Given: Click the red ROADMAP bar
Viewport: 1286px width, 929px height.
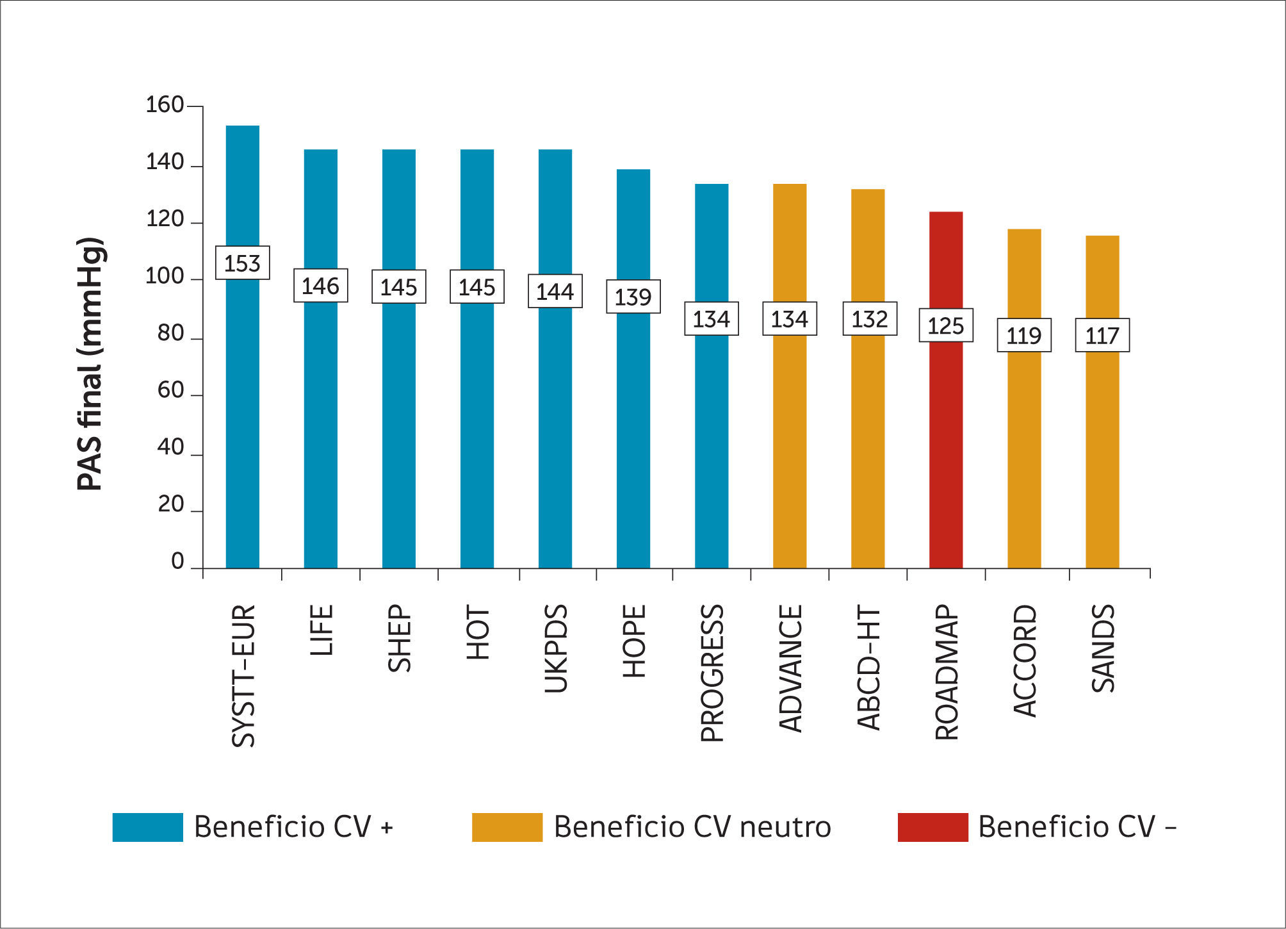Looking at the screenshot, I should [x=946, y=448].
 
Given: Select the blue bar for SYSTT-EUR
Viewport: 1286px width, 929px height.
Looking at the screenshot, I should [x=243, y=416].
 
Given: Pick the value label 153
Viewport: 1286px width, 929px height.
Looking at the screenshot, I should [x=243, y=263].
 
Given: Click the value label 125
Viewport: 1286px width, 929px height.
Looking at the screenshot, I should [x=946, y=325].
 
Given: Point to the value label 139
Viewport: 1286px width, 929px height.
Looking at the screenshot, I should [x=633, y=297].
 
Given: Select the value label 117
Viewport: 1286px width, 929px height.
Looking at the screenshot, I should [x=1102, y=335].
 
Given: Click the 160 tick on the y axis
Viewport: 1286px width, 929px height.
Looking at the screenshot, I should [x=165, y=105].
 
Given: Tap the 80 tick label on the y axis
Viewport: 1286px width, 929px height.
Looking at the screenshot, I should [x=170, y=333].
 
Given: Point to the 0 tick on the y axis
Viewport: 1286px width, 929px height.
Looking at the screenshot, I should [x=177, y=561].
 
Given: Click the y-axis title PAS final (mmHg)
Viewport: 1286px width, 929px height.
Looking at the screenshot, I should [x=90, y=364].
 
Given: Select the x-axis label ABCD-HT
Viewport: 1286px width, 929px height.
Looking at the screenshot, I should [x=868, y=668].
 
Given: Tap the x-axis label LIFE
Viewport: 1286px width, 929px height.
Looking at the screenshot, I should [x=321, y=630].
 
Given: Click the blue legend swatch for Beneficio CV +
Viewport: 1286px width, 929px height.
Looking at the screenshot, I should [x=147, y=827].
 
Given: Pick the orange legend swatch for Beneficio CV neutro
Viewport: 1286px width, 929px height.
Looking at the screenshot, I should [x=507, y=827].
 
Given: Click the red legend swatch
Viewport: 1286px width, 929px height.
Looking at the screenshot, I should [x=932, y=827].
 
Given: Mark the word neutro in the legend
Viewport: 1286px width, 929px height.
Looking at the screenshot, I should [x=785, y=827].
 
